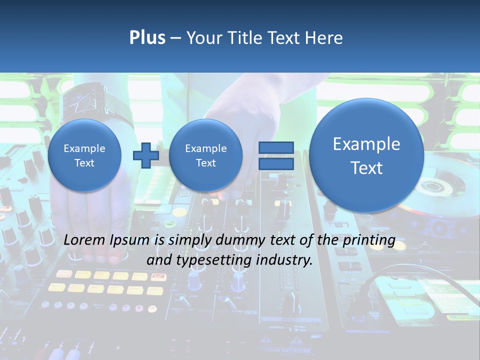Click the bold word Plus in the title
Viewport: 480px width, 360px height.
[147, 38]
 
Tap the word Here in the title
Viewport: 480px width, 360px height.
[324, 38]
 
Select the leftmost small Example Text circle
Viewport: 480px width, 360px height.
[84, 155]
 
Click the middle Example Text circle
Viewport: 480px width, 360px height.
[205, 155]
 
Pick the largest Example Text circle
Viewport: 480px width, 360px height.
[366, 155]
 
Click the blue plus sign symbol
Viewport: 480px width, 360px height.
[145, 155]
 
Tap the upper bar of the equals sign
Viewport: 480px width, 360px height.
[275, 147]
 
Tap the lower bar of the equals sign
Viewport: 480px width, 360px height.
[275, 164]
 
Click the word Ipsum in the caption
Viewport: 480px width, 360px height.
[129, 240]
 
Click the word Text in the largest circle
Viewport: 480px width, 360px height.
[366, 168]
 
